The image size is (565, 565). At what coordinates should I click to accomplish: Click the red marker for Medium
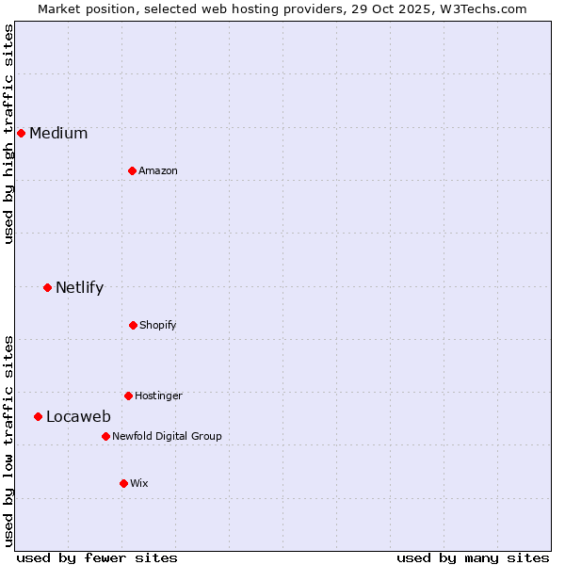coord(21,133)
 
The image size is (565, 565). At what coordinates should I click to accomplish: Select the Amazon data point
coord(132,170)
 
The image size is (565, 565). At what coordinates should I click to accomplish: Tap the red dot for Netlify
coord(47,287)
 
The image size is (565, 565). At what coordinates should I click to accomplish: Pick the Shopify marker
coord(133,325)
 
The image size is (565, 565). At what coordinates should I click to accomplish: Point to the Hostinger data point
coord(128,395)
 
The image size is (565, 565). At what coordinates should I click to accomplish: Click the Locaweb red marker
coord(38,416)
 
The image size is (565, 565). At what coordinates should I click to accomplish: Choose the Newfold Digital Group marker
coord(105,436)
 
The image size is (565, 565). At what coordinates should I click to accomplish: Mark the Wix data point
coord(123,483)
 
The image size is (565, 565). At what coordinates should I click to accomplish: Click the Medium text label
coord(58,133)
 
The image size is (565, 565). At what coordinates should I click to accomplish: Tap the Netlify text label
coord(79,287)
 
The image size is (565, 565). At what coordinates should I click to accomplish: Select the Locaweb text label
coord(78,416)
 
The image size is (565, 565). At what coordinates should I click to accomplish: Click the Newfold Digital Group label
coord(167,436)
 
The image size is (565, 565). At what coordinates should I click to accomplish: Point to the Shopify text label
coord(157,325)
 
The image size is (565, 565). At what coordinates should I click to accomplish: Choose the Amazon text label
coord(157,170)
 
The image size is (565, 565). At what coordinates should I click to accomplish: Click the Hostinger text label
coord(158,395)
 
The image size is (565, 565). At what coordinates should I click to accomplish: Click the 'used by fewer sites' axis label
coord(97,557)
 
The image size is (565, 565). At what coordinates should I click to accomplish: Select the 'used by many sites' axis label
coord(473,557)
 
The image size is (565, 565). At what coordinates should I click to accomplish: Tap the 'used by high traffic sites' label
coord(8,134)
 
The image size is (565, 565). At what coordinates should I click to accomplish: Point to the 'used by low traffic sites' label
coord(8,441)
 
